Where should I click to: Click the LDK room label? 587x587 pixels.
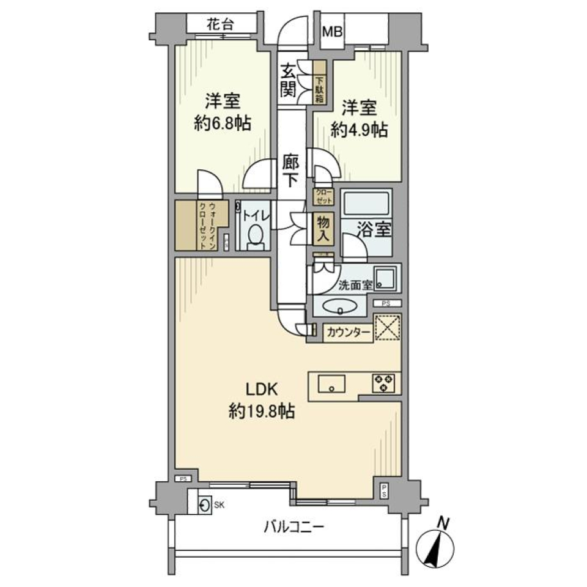click(x=262, y=389)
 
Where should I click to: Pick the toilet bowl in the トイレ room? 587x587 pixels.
click(x=256, y=236)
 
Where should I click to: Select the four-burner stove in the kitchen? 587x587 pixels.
click(x=384, y=383)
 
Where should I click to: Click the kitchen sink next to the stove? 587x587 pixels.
click(x=331, y=383)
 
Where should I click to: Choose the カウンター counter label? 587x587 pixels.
click(x=347, y=333)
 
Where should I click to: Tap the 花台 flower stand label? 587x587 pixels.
click(x=220, y=25)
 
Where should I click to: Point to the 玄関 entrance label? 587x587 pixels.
click(x=289, y=81)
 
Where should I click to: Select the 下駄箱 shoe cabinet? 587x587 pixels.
click(x=320, y=81)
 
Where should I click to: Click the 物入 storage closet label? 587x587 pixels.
click(x=322, y=229)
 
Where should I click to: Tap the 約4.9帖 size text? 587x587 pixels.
click(x=360, y=129)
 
